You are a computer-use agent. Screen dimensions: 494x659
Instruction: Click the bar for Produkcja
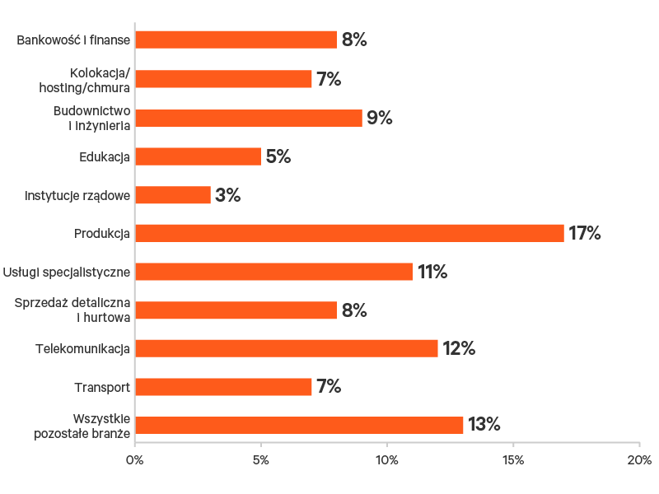coord(349,233)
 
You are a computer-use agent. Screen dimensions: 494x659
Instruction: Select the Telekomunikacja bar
coord(286,348)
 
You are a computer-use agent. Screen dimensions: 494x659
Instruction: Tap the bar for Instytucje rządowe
coord(172,195)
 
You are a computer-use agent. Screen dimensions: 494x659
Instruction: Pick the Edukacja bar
coord(198,156)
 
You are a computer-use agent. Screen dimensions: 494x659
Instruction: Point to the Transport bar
coord(223,387)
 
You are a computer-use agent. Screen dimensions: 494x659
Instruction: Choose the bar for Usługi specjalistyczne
coord(273,272)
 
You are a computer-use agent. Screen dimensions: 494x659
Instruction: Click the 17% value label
coord(585,233)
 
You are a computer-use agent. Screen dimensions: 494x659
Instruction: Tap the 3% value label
coord(227,195)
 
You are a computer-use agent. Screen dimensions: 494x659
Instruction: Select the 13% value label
coord(484,425)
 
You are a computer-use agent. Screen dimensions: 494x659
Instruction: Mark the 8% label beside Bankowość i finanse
coord(353,40)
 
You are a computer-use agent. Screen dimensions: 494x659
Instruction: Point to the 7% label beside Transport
coord(329,387)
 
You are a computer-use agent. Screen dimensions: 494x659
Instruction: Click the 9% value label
coord(379,118)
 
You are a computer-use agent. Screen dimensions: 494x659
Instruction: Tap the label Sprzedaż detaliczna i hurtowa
coord(73,310)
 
